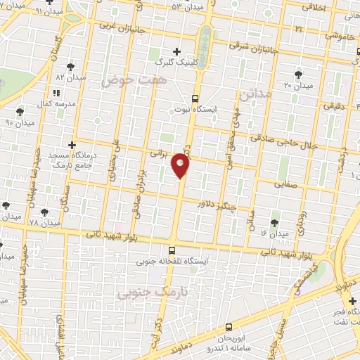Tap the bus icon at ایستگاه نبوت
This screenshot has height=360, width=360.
[194, 99]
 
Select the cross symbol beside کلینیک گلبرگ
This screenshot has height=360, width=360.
[176, 51]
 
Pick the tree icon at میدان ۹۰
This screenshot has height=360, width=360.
[20, 110]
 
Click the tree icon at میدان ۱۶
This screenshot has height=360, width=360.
[274, 222]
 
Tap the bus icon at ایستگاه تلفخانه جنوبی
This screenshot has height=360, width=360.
[172, 250]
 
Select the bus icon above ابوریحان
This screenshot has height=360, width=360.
[228, 326]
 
